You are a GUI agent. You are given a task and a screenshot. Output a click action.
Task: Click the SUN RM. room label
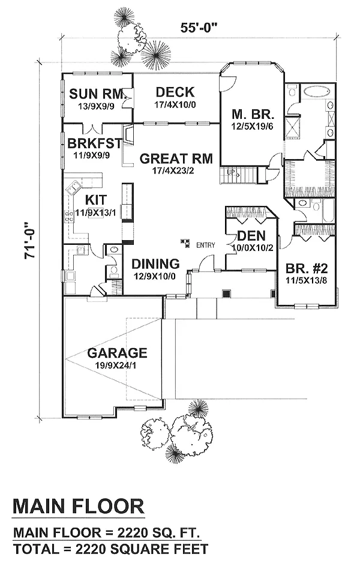pyautogui.click(x=97, y=94)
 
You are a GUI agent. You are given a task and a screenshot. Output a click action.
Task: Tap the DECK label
pyautogui.click(x=175, y=92)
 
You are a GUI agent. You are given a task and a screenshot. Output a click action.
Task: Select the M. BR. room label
pyautogui.click(x=253, y=115)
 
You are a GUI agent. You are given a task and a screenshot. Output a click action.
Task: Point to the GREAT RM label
pyautogui.click(x=176, y=159)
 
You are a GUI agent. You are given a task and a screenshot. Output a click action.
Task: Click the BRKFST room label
pyautogui.click(x=95, y=143)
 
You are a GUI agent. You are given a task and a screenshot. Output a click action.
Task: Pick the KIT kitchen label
pyautogui.click(x=96, y=200)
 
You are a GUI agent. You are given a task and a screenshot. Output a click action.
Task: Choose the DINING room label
pyautogui.click(x=155, y=264)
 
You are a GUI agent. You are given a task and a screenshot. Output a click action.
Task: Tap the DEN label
pyautogui.click(x=251, y=236)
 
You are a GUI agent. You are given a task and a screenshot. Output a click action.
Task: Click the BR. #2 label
pyautogui.click(x=307, y=268)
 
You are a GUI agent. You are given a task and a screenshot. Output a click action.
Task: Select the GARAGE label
pyautogui.click(x=117, y=353)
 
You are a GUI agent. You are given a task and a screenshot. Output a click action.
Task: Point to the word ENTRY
pyautogui.click(x=206, y=245)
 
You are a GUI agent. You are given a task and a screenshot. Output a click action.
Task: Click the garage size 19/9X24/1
pyautogui.click(x=116, y=365)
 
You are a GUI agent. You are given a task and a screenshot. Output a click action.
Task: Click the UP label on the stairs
pyautogui.click(x=231, y=172)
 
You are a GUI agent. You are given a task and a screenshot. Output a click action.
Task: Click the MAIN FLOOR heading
pyautogui.click(x=78, y=506)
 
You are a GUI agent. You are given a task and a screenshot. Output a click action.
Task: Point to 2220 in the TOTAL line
pyautogui.click(x=90, y=549)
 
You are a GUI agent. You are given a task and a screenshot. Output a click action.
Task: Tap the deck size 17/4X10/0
pyautogui.click(x=175, y=104)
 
